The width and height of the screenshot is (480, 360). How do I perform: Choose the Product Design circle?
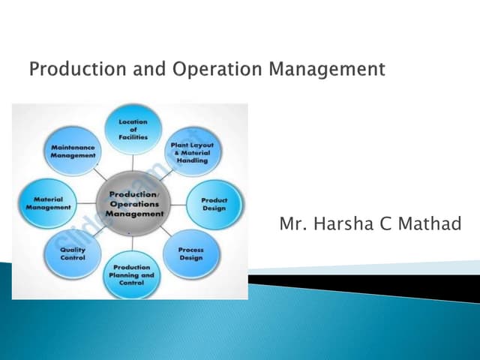(214, 203)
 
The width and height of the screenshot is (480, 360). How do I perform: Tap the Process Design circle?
(190, 253)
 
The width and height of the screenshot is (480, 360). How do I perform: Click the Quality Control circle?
(73, 253)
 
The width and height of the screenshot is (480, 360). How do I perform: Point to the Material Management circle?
(48, 203)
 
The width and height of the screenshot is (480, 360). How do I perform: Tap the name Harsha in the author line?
(344, 223)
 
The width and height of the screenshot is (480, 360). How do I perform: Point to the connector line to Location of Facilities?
(133, 163)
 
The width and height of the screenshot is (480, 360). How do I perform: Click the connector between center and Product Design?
(177, 203)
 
